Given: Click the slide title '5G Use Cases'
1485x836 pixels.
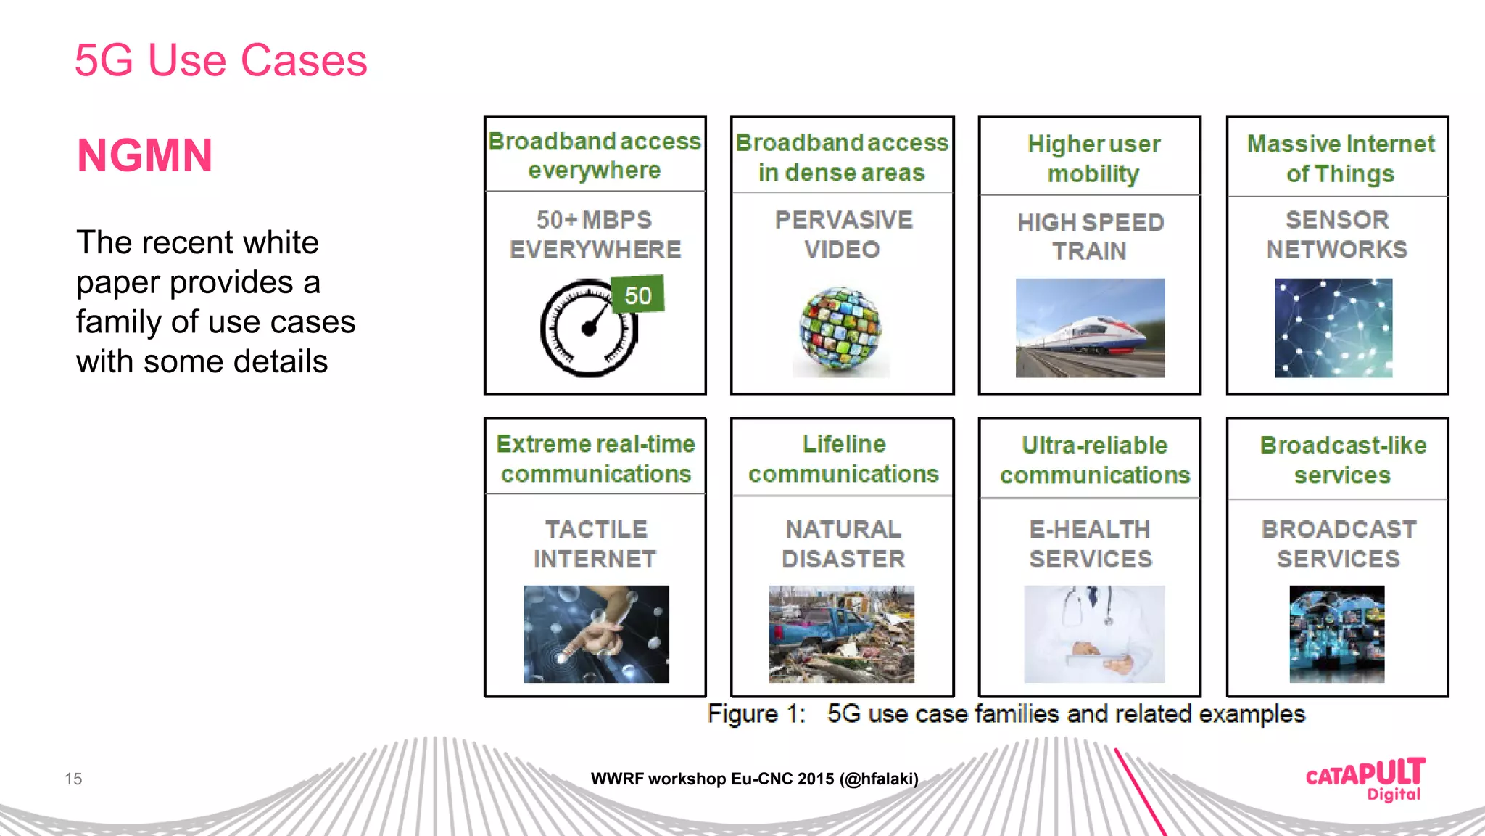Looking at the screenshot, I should click(220, 60).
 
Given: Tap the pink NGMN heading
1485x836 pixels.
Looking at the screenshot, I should click(145, 155).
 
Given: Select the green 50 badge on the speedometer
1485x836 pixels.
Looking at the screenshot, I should click(638, 295).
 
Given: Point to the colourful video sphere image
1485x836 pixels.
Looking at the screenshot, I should click(841, 331).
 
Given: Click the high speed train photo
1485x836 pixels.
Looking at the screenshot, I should click(1090, 328).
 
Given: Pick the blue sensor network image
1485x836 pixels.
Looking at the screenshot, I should click(1333, 328).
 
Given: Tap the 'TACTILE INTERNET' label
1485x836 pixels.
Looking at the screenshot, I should click(595, 544).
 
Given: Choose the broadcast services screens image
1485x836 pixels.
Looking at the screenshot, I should click(1336, 634).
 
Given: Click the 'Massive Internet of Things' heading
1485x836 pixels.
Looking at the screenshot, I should click(1340, 159).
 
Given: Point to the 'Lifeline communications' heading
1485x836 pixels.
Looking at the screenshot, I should click(843, 459).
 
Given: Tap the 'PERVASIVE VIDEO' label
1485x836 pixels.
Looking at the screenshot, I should click(843, 234).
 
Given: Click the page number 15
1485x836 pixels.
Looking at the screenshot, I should click(73, 779).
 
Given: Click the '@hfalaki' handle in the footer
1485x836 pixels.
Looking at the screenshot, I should click(879, 779).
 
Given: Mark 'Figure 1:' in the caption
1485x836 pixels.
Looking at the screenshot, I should click(756, 714).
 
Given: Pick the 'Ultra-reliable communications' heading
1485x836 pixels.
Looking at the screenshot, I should click(1095, 460).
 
